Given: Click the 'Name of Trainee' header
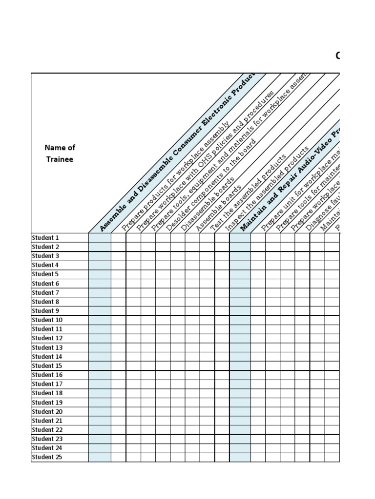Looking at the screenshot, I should click(60, 153).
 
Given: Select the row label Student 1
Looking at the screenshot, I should click(45, 238).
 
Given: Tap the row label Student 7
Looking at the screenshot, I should click(45, 293).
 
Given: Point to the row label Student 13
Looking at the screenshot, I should click(47, 347).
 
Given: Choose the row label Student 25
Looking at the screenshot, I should click(47, 457).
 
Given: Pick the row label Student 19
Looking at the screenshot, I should click(47, 403).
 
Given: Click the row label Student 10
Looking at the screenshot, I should click(47, 320).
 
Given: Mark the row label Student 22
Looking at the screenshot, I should click(47, 430).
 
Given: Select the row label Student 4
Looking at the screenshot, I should click(45, 265).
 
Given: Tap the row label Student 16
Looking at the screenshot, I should click(47, 375).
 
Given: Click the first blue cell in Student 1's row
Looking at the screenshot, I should click(100, 238).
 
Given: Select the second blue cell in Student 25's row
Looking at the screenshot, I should click(240, 457).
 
